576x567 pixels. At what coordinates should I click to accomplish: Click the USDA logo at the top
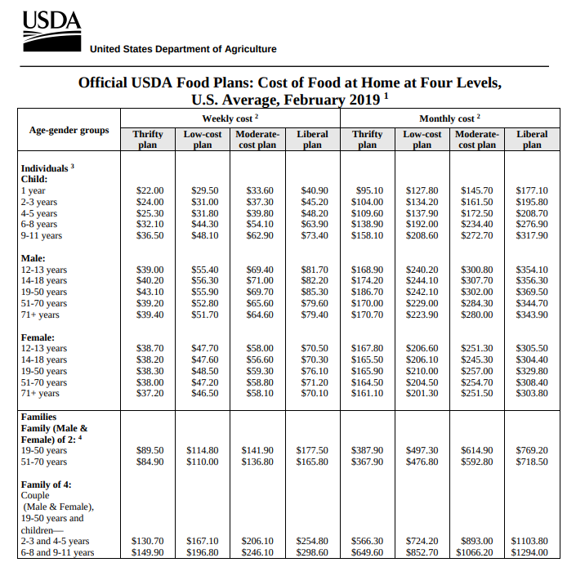click(52, 31)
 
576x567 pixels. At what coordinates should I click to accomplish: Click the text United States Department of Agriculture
click(183, 49)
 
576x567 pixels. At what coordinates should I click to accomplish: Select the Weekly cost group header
click(230, 118)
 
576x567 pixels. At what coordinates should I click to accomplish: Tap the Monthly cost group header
click(449, 118)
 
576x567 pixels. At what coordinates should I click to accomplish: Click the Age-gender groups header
click(69, 130)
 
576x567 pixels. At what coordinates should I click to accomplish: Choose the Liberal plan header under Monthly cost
click(532, 139)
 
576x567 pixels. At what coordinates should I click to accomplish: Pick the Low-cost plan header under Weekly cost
click(203, 139)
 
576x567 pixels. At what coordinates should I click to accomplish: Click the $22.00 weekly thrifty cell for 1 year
click(150, 190)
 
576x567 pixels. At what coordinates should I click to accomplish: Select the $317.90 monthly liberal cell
click(532, 235)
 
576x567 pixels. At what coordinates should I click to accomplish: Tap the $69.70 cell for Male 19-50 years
click(260, 292)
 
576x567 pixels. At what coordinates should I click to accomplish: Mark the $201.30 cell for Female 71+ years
click(422, 393)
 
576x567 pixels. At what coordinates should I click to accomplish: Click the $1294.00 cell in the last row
click(529, 552)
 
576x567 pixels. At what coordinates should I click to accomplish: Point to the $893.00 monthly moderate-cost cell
click(477, 542)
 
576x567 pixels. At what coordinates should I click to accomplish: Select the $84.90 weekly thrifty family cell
click(150, 462)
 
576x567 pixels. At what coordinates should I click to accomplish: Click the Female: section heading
click(38, 337)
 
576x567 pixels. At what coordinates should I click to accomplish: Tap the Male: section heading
click(33, 258)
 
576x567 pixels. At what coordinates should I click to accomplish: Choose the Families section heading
click(38, 417)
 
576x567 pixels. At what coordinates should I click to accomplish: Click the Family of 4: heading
click(47, 484)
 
